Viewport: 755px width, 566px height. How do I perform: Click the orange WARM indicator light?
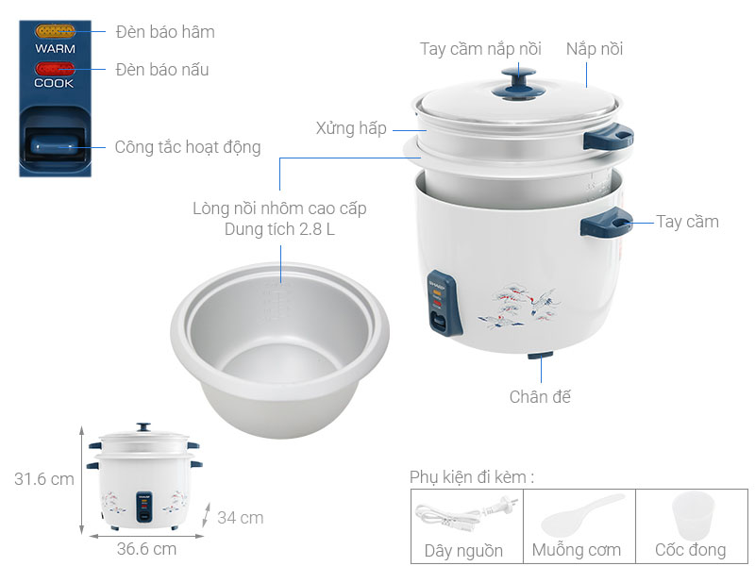56,31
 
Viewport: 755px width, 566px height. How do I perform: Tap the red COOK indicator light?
55,69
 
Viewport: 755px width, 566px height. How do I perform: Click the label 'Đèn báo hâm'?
165,32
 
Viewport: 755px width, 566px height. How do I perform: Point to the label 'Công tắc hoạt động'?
188,147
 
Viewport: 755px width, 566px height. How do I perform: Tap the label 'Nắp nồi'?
595,49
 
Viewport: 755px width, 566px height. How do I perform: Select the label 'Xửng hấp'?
351,128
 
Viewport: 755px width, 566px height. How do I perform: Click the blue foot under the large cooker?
541,358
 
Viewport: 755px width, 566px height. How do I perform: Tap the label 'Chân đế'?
540,397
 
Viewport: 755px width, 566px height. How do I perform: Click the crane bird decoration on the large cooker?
518,303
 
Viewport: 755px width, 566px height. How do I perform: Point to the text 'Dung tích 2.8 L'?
279,229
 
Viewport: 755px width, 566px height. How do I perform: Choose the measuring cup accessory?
691,514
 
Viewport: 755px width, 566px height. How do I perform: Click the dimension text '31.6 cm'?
43,479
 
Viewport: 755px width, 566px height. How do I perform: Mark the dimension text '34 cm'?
240,518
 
